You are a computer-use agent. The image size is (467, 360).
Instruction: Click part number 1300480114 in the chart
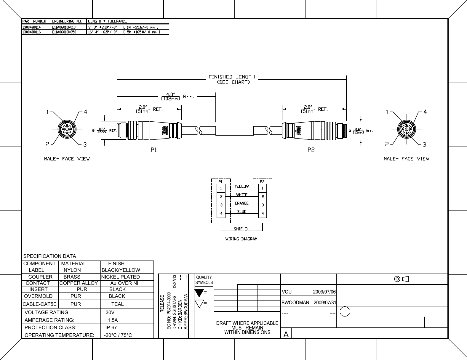tap(31, 27)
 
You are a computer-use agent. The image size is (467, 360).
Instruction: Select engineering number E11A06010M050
tap(64, 32)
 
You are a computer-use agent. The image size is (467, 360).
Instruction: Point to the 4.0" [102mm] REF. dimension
tap(177, 97)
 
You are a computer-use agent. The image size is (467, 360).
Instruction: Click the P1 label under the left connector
tap(154, 150)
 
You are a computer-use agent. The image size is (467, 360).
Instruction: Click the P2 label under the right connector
tap(311, 150)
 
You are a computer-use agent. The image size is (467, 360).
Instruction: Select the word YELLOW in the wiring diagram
tap(242, 186)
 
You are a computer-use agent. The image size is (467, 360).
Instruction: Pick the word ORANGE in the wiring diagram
tap(242, 203)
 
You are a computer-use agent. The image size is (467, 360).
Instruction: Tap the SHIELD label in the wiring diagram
tap(241, 229)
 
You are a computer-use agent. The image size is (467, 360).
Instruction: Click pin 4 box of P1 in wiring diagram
tap(221, 213)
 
